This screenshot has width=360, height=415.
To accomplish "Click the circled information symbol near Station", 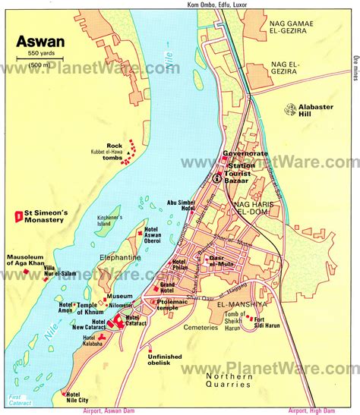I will point(216,179).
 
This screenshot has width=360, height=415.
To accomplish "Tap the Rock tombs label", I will point(115,149).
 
